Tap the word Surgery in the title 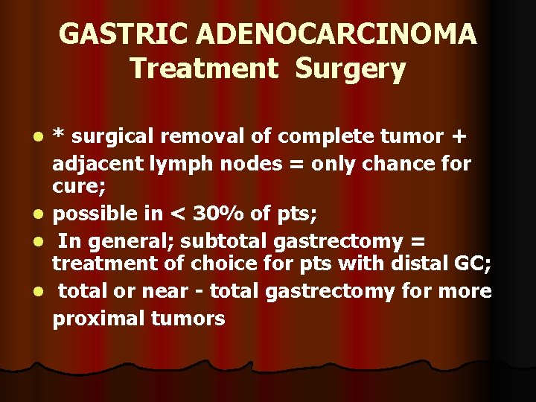click(x=350, y=68)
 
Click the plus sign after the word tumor click(x=458, y=137)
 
